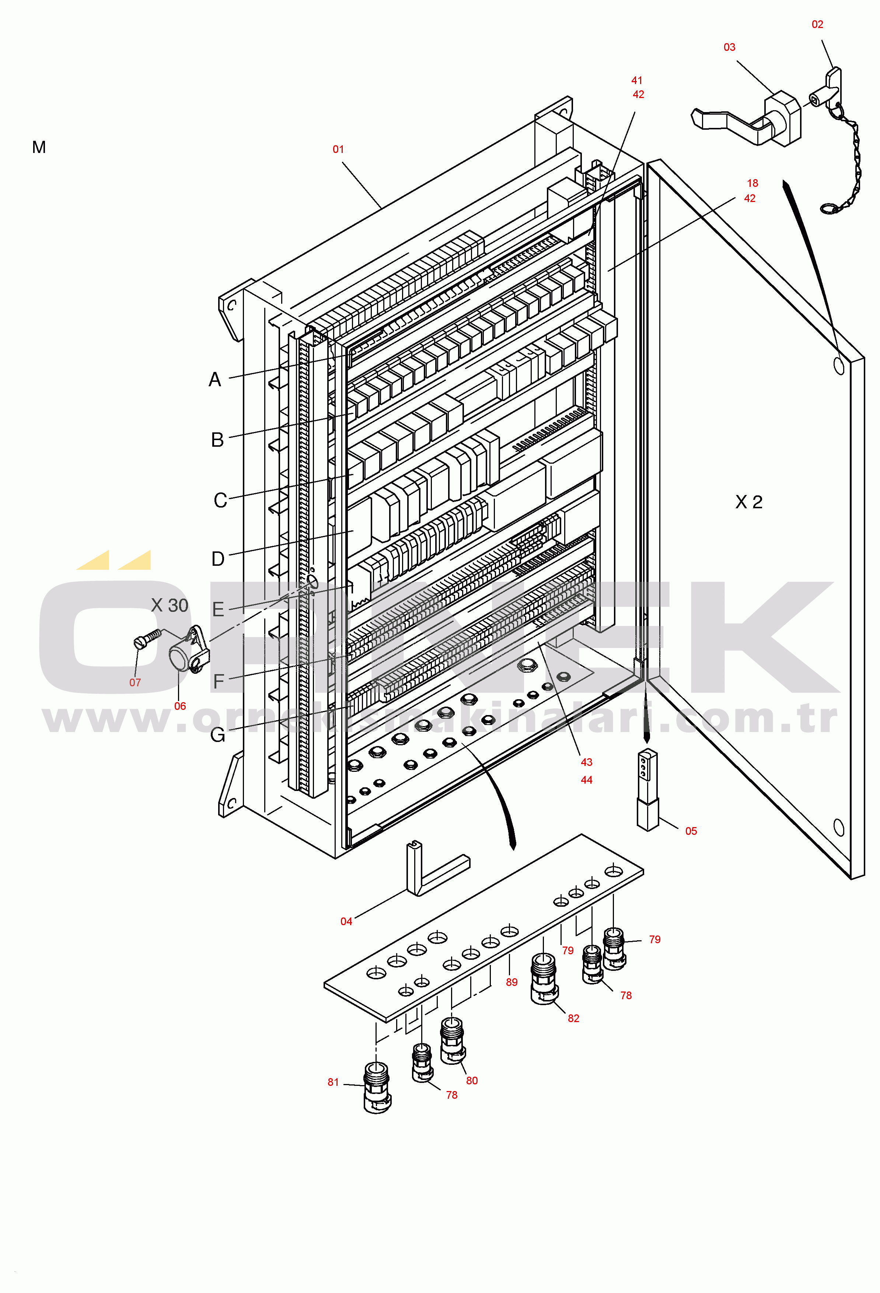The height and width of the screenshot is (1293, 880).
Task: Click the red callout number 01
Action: tap(338, 149)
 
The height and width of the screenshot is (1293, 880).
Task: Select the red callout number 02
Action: tap(817, 24)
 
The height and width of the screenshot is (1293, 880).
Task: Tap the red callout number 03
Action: tap(729, 47)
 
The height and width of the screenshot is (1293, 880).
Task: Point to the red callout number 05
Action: tap(691, 831)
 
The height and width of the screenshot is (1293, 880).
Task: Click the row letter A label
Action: tap(215, 379)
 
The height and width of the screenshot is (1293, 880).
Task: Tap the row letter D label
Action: tap(218, 559)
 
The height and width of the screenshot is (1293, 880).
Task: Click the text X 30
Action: tap(170, 605)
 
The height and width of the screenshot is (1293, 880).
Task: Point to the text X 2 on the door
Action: tap(749, 502)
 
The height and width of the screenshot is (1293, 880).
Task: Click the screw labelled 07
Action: tap(147, 638)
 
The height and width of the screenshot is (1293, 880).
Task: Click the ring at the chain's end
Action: tap(830, 209)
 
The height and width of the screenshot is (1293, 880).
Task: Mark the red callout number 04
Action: tap(346, 921)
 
